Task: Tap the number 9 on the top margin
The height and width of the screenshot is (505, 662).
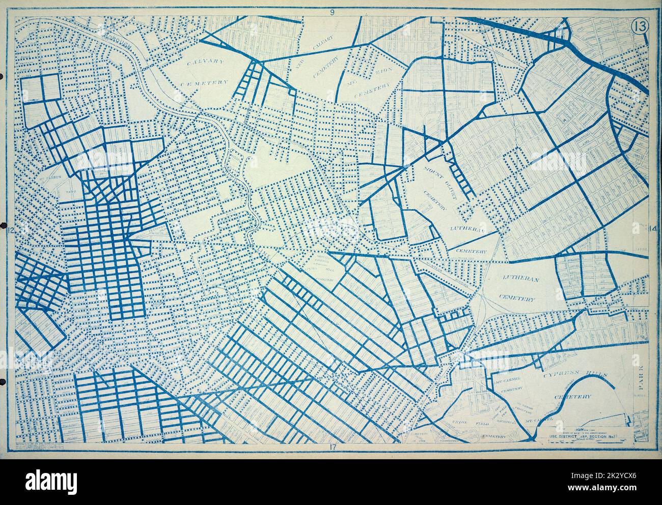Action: pyautogui.click(x=332, y=13)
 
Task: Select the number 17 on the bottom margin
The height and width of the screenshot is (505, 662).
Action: pyautogui.click(x=332, y=447)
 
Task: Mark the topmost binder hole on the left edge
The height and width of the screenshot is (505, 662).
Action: pyautogui.click(x=2, y=77)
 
